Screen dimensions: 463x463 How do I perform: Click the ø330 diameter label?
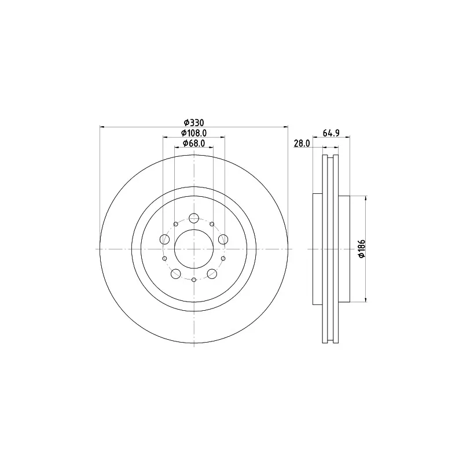(194, 122)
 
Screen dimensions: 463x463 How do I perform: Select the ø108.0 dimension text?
(194, 133)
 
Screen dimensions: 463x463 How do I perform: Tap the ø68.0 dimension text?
(194, 143)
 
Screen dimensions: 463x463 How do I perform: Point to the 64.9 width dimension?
(331, 133)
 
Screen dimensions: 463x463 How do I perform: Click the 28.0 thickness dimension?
(302, 144)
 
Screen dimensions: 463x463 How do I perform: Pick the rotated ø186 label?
(362, 249)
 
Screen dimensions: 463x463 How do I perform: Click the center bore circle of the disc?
(194, 230)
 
